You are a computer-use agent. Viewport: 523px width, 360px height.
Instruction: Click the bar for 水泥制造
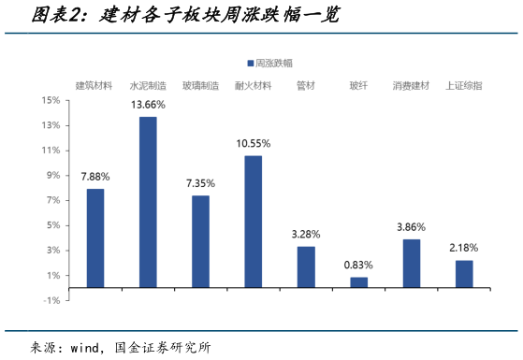pos(148,201)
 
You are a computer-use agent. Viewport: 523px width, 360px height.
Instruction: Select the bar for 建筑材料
pos(95,238)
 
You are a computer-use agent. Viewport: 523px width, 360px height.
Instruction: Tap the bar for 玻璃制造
pos(200,240)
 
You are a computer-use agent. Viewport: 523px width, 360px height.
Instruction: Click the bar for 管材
pos(306,266)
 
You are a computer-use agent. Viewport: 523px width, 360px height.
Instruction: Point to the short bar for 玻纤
pos(359,281)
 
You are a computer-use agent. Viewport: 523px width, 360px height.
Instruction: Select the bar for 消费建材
pos(412,263)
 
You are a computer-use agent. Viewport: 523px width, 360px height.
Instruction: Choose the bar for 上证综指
pos(464,273)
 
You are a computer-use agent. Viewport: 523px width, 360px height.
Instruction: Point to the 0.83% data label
pos(359,265)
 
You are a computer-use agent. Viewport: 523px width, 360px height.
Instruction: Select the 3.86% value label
pos(412,226)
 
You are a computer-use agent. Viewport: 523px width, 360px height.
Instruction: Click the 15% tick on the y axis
pos(51,99)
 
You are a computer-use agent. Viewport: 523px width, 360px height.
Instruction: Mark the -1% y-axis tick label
pos(51,300)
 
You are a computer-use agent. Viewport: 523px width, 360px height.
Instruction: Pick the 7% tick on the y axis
pos(52,200)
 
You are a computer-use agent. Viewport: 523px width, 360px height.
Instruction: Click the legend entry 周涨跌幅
pos(272,63)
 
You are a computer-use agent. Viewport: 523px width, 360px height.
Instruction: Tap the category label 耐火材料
pos(253,85)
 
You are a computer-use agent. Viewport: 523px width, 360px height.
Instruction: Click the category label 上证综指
pos(464,85)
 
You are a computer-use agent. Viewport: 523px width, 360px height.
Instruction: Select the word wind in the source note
pos(86,347)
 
